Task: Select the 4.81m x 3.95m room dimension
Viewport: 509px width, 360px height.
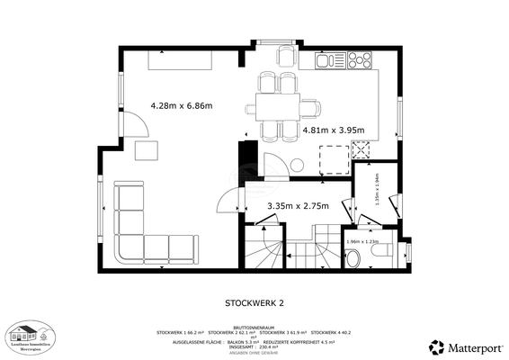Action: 333,130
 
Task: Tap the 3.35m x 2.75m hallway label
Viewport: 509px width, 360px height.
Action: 298,206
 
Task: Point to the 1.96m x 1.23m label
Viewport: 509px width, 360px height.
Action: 362,242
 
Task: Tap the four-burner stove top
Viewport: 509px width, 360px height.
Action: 359,61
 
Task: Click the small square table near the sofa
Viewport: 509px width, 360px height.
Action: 146,149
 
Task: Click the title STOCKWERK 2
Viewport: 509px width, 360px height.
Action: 254,303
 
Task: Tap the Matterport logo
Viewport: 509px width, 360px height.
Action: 465,346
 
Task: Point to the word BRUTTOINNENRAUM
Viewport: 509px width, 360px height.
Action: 254,326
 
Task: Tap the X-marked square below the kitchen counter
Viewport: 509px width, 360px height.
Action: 333,159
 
